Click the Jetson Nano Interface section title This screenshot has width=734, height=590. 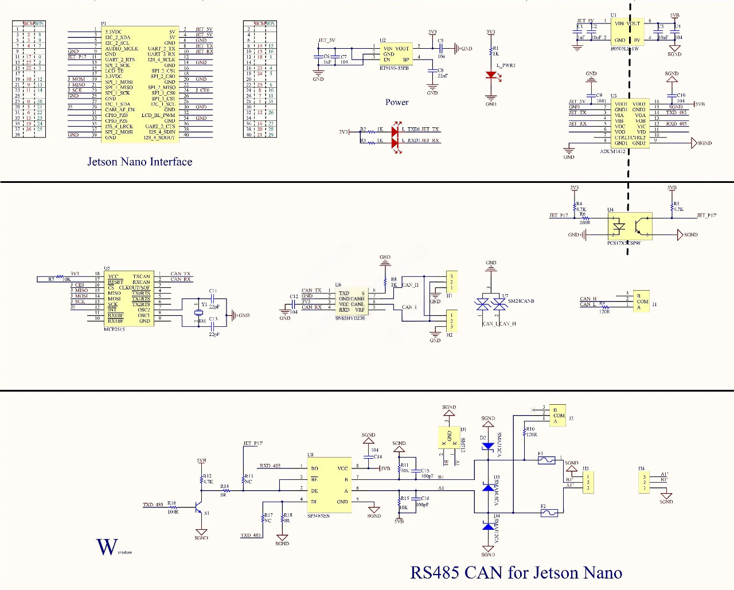click(x=139, y=162)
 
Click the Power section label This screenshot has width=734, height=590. click(x=397, y=102)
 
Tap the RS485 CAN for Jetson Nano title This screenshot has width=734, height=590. click(x=516, y=572)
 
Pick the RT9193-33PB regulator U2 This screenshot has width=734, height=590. click(x=396, y=54)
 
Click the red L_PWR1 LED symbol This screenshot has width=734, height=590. click(x=491, y=75)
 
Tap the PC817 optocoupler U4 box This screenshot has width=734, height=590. click(x=630, y=227)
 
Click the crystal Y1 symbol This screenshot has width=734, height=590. click(x=198, y=312)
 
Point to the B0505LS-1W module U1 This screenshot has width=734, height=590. click(x=627, y=32)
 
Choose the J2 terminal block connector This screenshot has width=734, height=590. click(x=557, y=415)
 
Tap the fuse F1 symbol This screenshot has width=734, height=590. click(x=546, y=460)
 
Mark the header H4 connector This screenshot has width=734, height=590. click(x=645, y=482)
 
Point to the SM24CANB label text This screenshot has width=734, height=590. click(x=521, y=301)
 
